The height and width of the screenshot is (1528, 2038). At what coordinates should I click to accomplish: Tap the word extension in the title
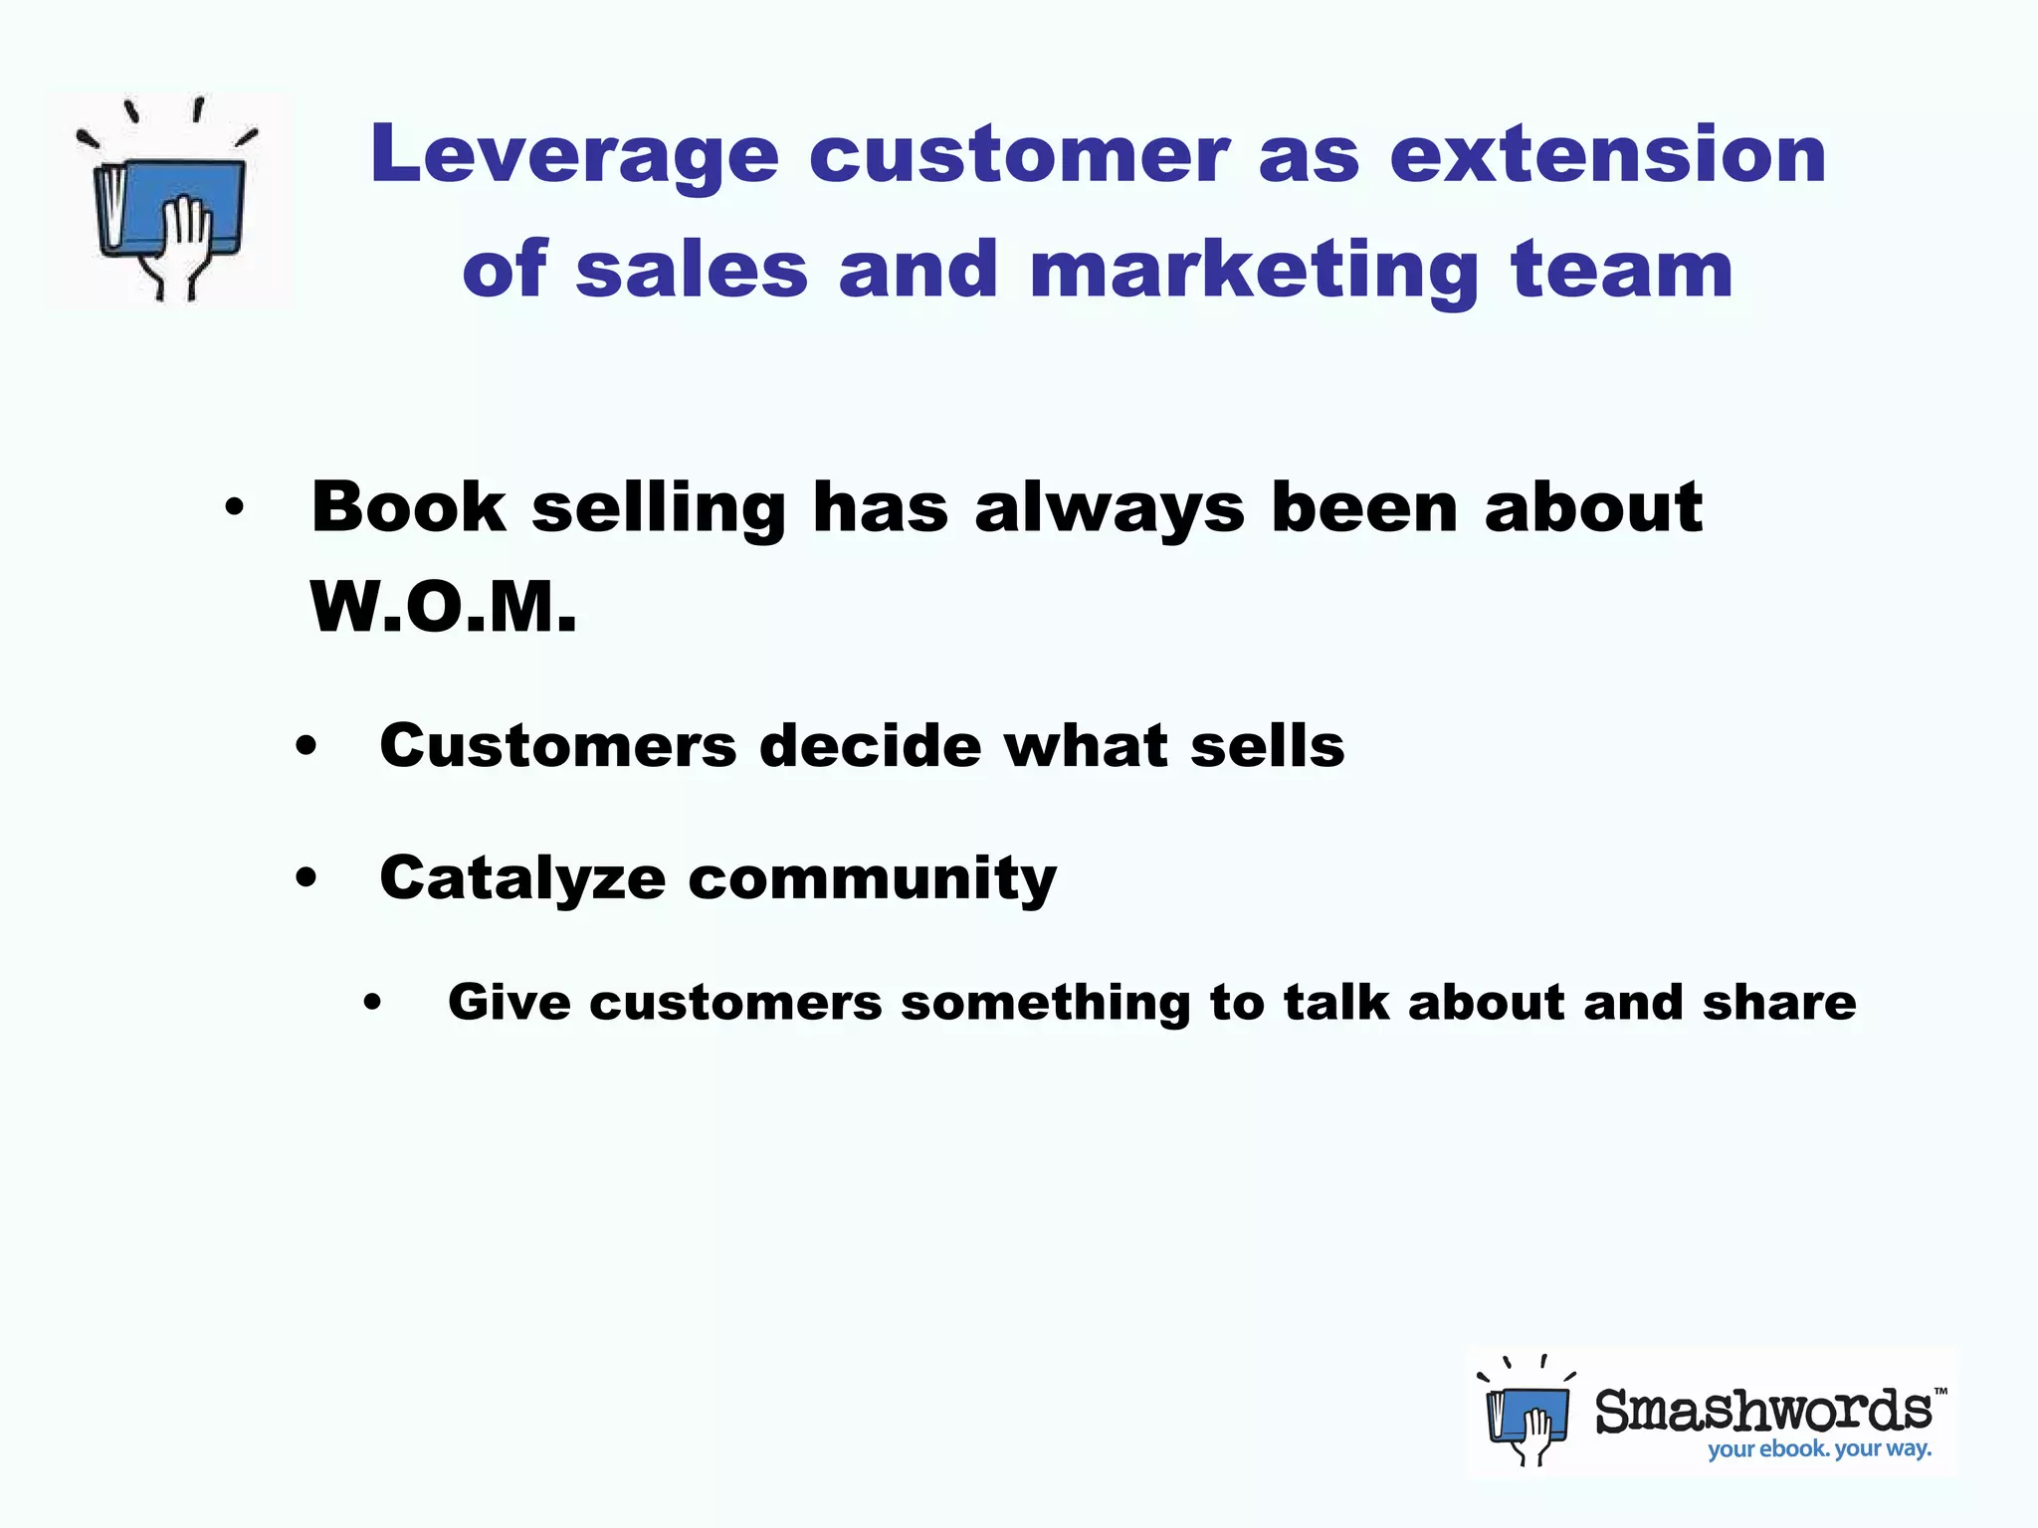click(x=1607, y=155)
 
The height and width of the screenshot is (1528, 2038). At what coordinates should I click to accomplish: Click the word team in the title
click(x=1622, y=271)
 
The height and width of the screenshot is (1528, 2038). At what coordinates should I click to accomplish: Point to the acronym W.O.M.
click(x=443, y=607)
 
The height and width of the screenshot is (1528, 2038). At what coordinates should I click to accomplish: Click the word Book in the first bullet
click(x=408, y=507)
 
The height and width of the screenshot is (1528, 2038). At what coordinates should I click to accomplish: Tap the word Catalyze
click(x=522, y=879)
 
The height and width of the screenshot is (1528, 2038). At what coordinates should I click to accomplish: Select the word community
click(x=872, y=879)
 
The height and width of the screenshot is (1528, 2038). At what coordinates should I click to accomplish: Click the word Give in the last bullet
click(x=509, y=1002)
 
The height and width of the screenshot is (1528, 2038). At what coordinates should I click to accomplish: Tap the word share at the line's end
click(x=1778, y=1002)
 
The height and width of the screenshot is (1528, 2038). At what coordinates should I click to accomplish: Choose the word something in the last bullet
click(x=1045, y=1004)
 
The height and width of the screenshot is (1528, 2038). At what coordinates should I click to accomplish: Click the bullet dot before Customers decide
click(x=306, y=746)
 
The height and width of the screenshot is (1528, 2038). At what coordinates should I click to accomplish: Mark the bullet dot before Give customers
click(x=373, y=1004)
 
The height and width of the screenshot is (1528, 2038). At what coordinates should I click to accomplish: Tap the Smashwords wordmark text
click(x=1763, y=1411)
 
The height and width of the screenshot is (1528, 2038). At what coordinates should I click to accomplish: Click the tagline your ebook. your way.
click(x=1819, y=1449)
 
